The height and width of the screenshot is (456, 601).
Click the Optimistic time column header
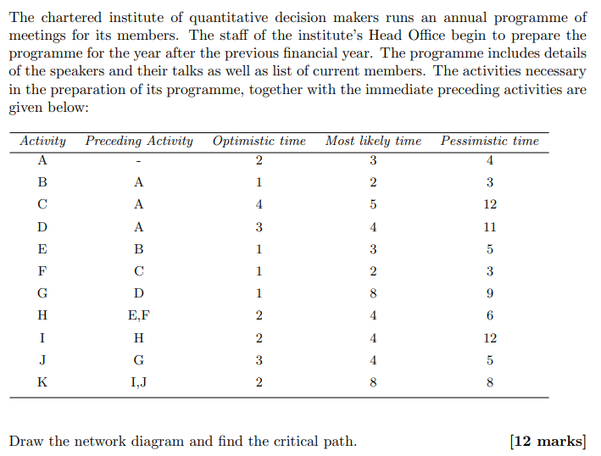tap(259, 142)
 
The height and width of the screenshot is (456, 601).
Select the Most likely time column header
tap(373, 142)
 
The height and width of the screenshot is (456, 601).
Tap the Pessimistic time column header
tap(489, 142)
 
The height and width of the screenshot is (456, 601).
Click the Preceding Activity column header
tap(139, 142)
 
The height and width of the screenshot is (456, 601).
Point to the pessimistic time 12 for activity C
tap(490, 204)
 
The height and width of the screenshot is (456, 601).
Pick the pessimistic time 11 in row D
tap(490, 227)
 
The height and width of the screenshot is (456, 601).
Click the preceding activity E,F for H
tap(139, 315)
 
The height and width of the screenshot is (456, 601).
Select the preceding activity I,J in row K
tap(139, 382)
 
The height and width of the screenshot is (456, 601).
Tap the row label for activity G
tap(42, 293)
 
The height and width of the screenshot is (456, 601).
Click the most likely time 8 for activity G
tap(373, 293)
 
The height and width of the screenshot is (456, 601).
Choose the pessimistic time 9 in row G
tap(490, 293)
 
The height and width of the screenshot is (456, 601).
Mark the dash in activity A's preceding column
tap(139, 161)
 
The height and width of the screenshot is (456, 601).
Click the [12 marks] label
tap(548, 441)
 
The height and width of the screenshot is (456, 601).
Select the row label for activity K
tap(42, 382)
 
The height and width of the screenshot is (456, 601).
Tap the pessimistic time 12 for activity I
tap(490, 337)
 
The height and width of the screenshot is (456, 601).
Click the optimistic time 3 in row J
tap(259, 360)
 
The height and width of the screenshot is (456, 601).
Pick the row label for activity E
tap(42, 249)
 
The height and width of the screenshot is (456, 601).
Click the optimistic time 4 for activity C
tap(259, 204)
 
